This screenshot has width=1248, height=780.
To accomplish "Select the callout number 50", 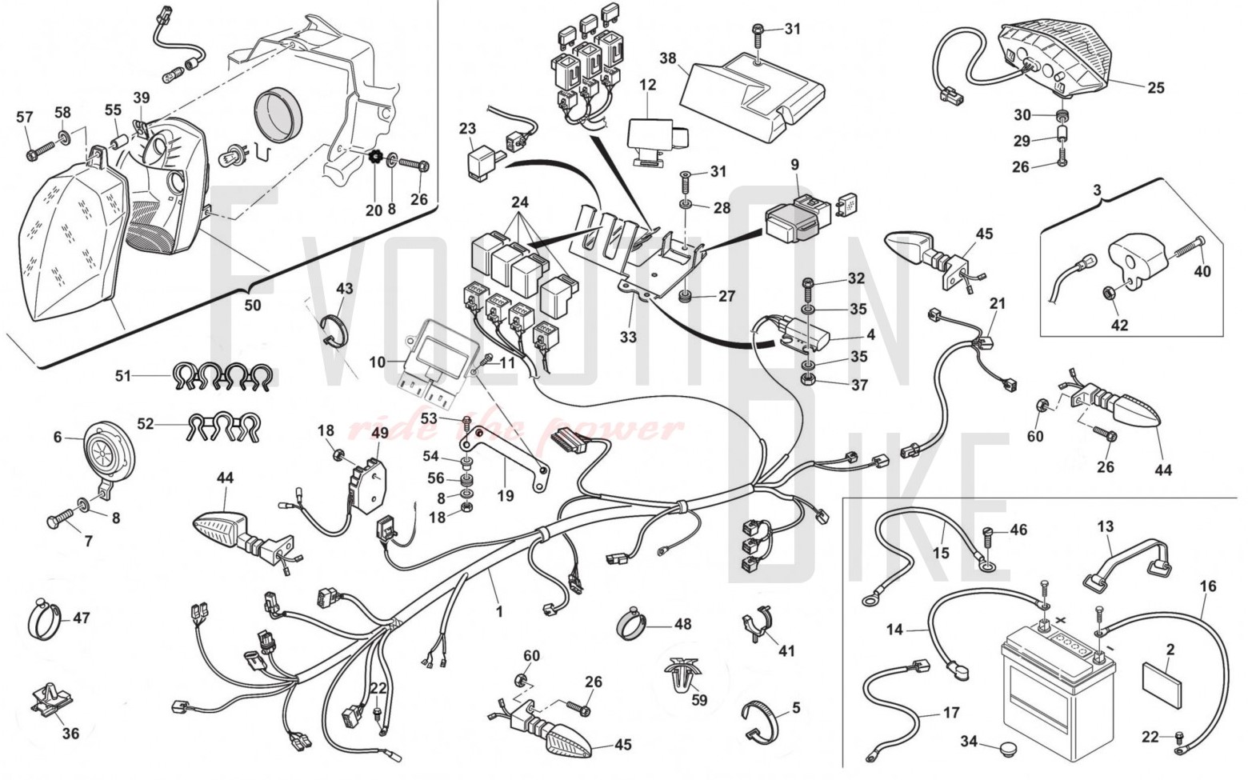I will [x=253, y=306].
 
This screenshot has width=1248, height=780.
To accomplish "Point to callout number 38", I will [x=668, y=58].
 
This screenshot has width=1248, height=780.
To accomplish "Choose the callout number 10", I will [x=377, y=362].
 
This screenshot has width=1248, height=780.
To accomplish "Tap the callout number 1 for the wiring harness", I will [x=499, y=612].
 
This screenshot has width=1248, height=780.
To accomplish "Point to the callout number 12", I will [x=648, y=84].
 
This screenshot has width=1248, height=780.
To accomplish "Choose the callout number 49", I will [x=380, y=433].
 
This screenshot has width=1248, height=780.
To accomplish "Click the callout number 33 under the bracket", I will [x=628, y=337].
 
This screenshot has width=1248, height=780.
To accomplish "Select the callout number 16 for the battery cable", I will [x=1207, y=586].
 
